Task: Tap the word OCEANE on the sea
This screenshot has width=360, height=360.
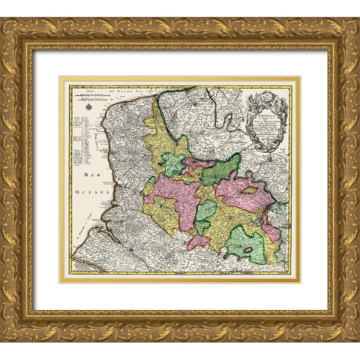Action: pos(96,192)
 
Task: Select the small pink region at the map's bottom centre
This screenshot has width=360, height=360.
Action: pos(197,241)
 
